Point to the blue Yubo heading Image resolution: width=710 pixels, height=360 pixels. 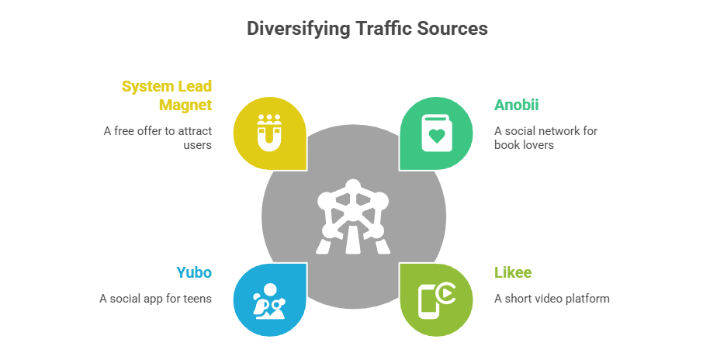[193, 272]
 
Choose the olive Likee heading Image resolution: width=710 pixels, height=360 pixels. [513, 272]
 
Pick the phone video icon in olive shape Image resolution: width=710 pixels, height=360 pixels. [436, 299]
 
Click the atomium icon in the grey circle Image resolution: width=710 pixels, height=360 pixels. [353, 216]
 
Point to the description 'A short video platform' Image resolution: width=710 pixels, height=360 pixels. [552, 299]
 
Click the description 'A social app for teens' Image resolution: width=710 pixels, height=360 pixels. [155, 299]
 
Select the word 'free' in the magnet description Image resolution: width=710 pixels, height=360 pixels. [129, 130]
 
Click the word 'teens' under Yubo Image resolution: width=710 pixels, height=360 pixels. [196, 299]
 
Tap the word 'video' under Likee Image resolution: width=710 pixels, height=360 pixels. [548, 299]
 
